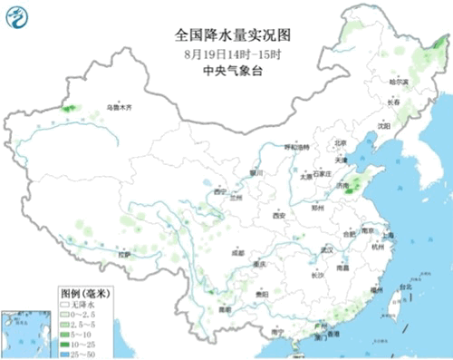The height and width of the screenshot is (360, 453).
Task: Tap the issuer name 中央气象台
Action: point(220,64)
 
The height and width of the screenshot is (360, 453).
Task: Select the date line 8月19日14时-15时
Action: point(220,51)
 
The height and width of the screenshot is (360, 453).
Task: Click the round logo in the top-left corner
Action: point(16,15)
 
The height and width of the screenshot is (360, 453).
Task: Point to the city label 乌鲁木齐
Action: point(119,107)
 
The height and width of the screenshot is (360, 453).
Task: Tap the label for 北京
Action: point(341,142)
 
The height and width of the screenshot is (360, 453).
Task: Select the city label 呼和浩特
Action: point(297,146)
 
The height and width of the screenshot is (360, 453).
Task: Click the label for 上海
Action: point(389,234)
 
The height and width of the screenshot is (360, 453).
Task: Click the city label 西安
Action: point(278,216)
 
